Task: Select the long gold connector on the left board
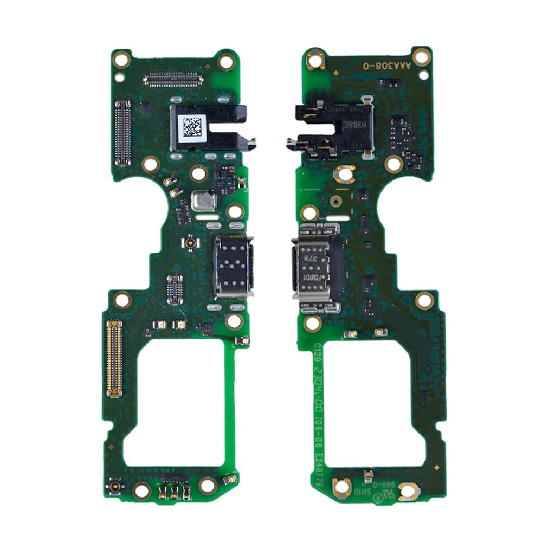[x=114, y=358]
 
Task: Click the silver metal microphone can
[x=204, y=201]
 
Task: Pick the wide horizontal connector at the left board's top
[x=173, y=80]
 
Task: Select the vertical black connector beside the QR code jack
[x=123, y=132]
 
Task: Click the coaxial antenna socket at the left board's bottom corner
[x=115, y=485]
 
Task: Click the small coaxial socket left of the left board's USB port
[x=190, y=242]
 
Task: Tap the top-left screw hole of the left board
[x=121, y=59]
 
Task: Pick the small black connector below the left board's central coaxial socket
[x=175, y=289]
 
